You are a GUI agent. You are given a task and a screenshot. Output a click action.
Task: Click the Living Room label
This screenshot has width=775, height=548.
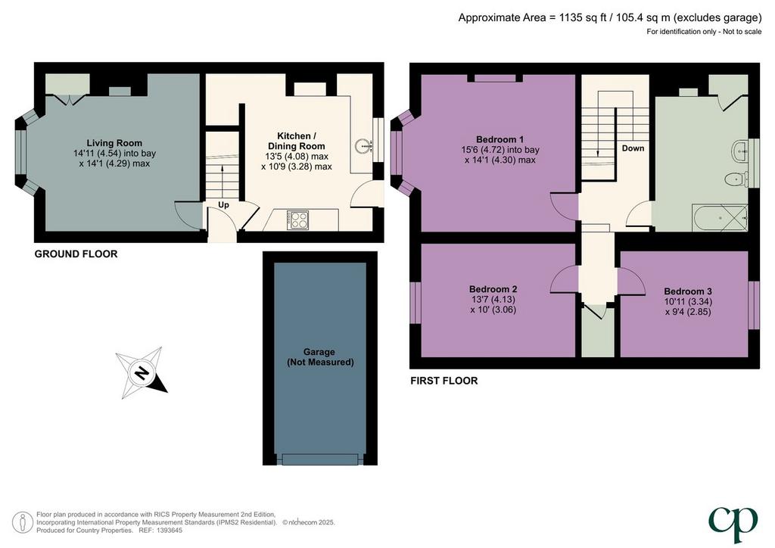(114, 143)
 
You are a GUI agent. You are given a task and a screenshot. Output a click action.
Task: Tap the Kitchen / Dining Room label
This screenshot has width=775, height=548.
(297, 141)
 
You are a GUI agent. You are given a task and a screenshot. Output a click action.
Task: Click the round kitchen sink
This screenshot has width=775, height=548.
(364, 146)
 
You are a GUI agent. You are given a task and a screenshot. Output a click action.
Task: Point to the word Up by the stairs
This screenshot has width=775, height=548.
(223, 204)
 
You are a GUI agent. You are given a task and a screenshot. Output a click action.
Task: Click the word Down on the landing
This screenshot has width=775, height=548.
(633, 148)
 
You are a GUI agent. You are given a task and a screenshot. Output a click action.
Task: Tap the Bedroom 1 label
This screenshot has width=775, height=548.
(500, 139)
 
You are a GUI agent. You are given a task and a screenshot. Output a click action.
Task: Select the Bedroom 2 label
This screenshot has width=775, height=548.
(493, 289)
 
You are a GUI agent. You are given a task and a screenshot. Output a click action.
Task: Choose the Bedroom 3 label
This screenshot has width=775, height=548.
(688, 291)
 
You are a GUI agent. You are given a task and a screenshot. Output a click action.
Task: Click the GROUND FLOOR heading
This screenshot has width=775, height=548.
(76, 254)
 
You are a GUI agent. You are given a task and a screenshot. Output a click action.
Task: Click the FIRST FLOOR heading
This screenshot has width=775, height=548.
(444, 381)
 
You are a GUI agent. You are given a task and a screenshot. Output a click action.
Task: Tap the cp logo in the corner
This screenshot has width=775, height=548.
(733, 524)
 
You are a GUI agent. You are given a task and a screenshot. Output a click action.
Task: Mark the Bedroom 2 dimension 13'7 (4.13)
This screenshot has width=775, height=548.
(493, 300)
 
